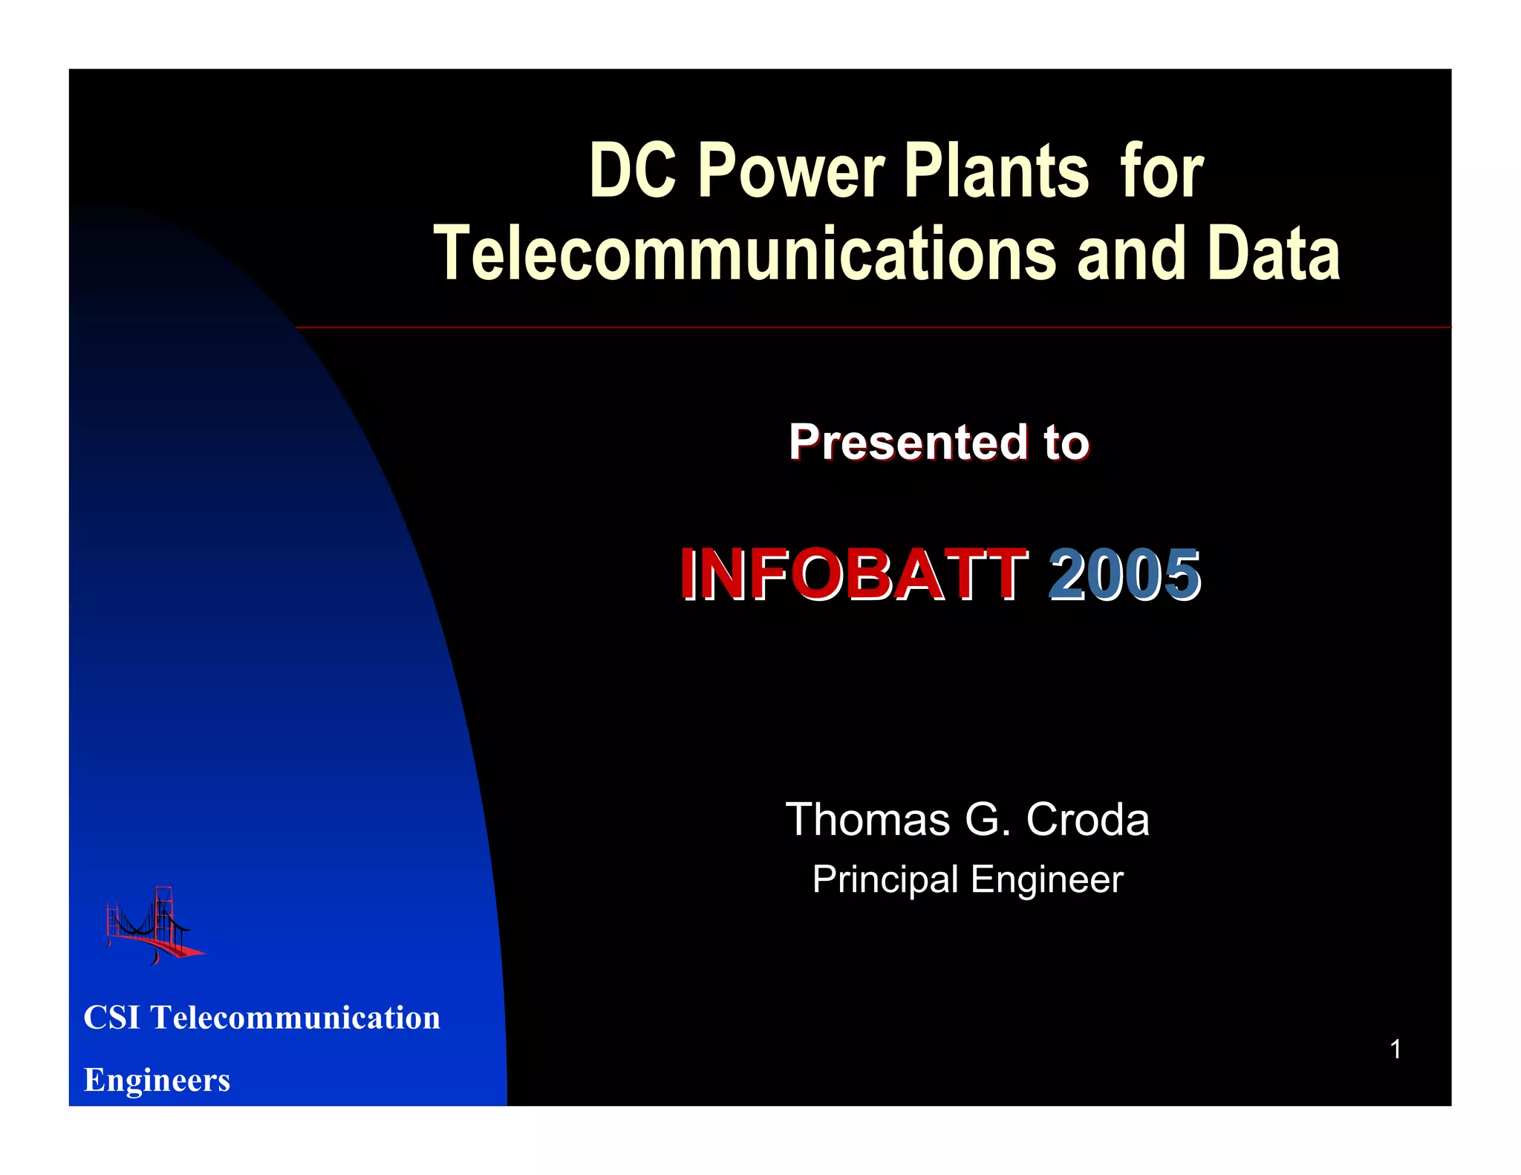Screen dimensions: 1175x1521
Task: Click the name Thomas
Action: [867, 820]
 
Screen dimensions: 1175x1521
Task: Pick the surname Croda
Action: [1087, 820]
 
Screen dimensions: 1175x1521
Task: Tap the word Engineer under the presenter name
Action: [1046, 881]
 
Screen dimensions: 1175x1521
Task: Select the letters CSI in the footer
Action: [112, 1018]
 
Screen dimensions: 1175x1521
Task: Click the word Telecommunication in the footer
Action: [296, 1018]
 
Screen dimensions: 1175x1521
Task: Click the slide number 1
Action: [1395, 1049]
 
